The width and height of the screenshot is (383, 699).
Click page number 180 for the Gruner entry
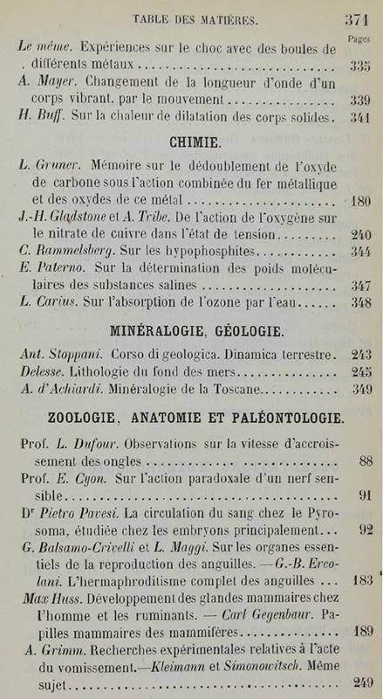pyautogui.click(x=361, y=201)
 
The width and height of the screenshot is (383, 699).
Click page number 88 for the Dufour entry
pyautogui.click(x=366, y=461)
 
